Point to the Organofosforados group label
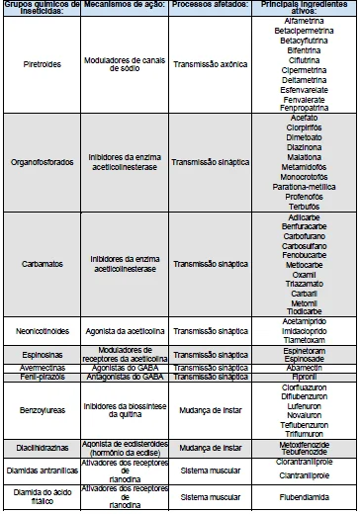tap(42, 160)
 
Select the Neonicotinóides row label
tap(42, 330)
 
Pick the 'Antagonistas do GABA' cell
tap(123, 376)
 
